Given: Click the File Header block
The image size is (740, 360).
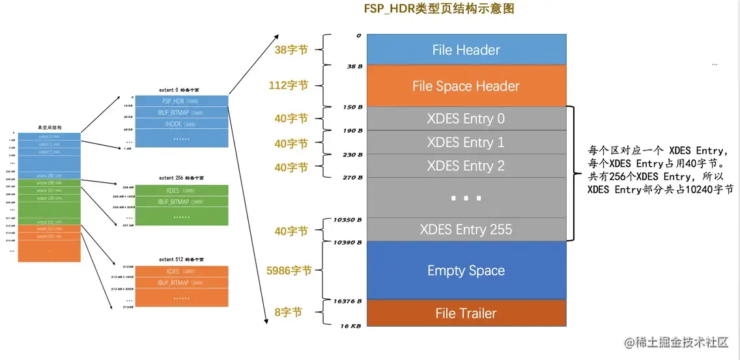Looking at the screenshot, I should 465,50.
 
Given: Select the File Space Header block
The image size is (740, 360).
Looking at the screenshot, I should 465,86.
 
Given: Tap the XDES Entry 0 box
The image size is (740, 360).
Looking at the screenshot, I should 465,119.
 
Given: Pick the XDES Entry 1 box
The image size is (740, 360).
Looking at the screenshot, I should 465,143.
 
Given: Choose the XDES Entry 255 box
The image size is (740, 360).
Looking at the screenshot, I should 465,229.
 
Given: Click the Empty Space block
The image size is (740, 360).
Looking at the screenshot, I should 465,271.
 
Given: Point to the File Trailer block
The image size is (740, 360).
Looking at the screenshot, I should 465,313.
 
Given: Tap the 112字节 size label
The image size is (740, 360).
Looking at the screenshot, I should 289,85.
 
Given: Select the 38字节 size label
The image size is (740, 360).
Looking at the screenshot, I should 289,50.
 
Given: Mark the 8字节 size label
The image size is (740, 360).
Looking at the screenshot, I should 288,312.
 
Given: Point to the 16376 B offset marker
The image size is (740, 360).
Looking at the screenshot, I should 347,301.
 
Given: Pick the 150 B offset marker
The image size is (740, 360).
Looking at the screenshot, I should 352,107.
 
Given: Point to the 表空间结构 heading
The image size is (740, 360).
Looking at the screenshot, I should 49,128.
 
